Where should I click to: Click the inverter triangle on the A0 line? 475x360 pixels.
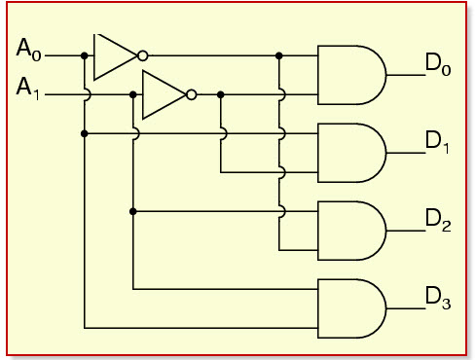[113, 55]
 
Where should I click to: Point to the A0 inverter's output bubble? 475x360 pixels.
[143, 55]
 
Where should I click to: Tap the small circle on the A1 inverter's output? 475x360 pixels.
[191, 94]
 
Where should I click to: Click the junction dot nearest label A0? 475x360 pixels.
[85, 55]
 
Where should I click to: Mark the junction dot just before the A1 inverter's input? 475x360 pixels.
[132, 94]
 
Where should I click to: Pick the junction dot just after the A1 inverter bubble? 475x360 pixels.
[221, 94]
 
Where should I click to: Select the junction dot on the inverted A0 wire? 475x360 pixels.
[279, 55]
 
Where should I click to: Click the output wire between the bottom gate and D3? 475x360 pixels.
[402, 308]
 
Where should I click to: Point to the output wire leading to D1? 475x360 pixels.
[402, 153]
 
